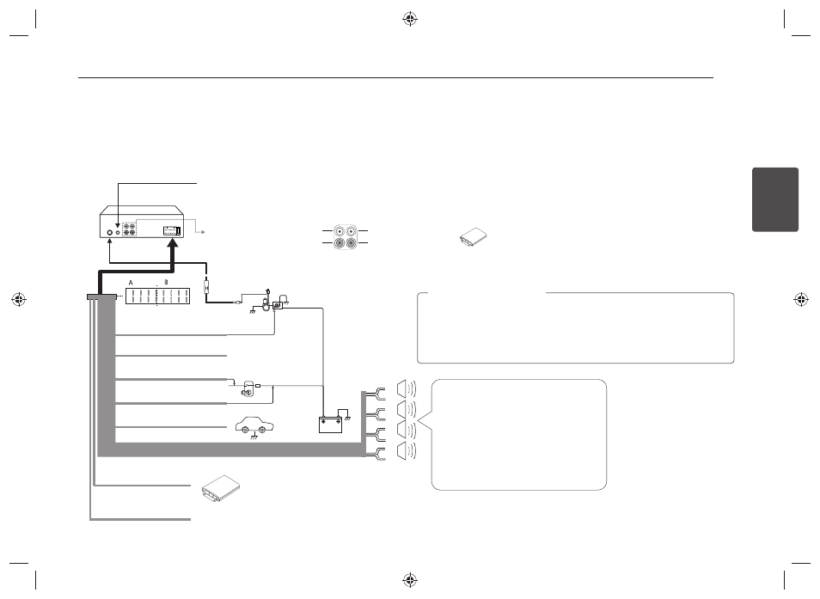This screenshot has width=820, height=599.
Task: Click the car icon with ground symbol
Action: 254,426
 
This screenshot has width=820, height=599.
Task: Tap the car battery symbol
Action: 331,424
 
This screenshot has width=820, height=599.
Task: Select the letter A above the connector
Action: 132,283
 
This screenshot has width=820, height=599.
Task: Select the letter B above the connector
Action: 166,282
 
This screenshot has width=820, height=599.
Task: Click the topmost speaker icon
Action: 407,388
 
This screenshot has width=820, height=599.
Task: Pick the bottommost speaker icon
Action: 407,451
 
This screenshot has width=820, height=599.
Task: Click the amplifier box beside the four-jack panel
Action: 474,237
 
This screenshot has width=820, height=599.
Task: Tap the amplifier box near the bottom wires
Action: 221,489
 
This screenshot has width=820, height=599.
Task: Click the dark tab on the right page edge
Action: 775,199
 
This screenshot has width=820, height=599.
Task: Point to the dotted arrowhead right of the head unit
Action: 202,231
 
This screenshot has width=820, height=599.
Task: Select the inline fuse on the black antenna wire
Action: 206,286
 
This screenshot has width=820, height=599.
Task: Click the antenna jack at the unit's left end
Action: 110,232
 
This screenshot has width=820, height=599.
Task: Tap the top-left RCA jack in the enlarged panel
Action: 340,230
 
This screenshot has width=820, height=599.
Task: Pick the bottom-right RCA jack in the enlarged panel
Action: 351,242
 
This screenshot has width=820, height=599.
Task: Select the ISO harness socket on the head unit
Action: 172,230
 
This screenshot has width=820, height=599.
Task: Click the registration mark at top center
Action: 410,20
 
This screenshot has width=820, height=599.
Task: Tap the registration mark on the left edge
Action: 19,299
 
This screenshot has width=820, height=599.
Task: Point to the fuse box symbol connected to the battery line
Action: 278,305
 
